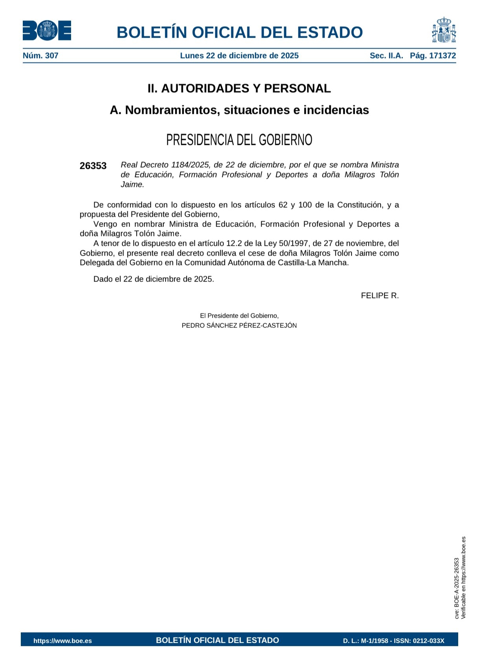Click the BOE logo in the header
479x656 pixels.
point(47,31)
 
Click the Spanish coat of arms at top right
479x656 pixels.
point(444,30)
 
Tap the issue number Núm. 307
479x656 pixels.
point(40,56)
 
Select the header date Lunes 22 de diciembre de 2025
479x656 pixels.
point(239,56)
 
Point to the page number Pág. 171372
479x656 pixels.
point(433,56)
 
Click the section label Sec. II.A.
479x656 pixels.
point(386,56)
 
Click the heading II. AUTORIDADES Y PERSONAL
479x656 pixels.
point(239,89)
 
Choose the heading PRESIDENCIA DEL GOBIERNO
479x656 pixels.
point(239,140)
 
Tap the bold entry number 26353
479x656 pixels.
point(93,166)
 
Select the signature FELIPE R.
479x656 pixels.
point(380,296)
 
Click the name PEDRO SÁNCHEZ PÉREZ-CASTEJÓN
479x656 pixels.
point(239,325)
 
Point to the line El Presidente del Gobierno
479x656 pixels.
point(239,316)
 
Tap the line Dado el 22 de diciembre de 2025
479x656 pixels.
point(154,279)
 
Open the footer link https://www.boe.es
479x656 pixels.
point(62,641)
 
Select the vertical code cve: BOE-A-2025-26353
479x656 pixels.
point(457,588)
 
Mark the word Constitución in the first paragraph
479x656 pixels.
point(360,205)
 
